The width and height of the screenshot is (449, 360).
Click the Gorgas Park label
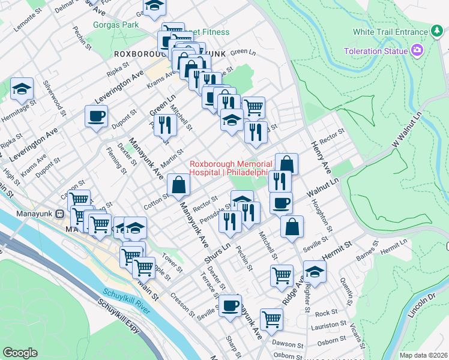[116, 25]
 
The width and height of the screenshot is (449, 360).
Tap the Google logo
[20, 353]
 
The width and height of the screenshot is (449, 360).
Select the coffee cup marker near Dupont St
[97, 116]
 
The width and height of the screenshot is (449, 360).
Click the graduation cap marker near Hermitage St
[22, 89]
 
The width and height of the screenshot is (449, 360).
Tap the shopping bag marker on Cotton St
[179, 185]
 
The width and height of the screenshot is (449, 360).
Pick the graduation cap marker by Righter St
[315, 272]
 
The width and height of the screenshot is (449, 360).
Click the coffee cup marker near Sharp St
[230, 306]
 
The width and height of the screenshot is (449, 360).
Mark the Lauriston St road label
[329, 324]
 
